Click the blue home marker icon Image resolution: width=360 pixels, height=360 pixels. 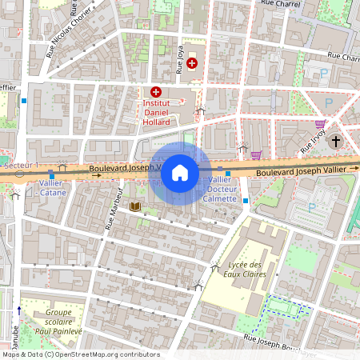point(180,172)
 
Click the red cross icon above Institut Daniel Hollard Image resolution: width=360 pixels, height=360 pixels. point(155,93)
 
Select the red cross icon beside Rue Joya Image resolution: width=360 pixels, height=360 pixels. point(192,62)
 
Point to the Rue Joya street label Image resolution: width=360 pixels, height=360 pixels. point(178,58)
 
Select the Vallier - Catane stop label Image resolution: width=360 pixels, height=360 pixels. point(52,187)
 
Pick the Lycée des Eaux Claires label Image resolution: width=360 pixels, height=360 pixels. point(245,270)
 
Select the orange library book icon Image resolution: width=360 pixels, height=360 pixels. point(135,207)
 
